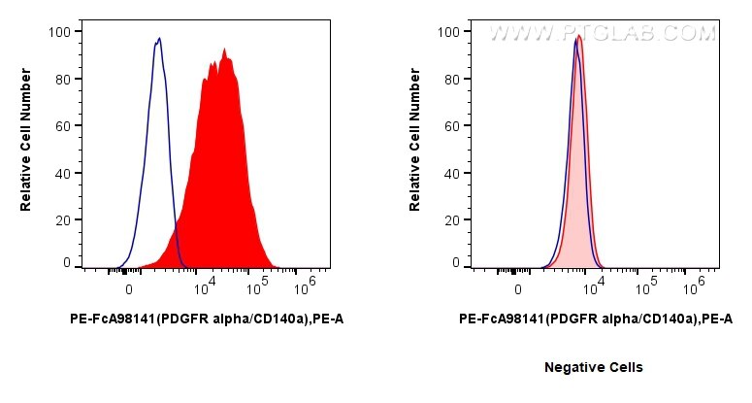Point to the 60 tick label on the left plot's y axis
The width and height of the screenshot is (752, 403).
tap(61, 126)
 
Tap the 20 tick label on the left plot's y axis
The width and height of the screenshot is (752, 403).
tap(61, 220)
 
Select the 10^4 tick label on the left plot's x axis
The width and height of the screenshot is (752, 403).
tap(205, 287)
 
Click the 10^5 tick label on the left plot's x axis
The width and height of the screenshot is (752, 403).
tap(257, 287)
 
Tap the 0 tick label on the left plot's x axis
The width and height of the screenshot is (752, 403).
tap(128, 289)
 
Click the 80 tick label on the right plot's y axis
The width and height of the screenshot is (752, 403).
tap(450, 79)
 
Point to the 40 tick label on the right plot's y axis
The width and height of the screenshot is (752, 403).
tap(450, 173)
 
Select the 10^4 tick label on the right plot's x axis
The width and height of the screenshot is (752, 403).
tap(595, 287)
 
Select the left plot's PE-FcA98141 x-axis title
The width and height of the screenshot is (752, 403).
tap(207, 318)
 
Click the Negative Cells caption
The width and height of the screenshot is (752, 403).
tap(593, 367)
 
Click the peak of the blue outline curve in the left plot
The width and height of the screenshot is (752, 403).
tap(159, 39)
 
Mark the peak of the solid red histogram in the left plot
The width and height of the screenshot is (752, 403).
tap(224, 49)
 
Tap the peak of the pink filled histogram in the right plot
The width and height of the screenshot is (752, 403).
tap(579, 36)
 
